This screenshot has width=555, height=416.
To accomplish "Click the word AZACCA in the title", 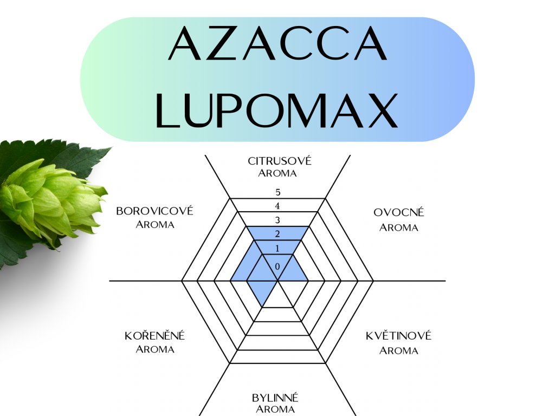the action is click(277, 44).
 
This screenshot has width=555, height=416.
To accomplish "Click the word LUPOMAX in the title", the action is click(277, 110).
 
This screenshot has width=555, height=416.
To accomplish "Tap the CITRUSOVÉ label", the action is click(280, 161).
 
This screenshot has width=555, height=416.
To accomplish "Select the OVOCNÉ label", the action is click(399, 212).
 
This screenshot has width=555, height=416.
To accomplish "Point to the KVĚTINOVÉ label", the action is click(399, 336).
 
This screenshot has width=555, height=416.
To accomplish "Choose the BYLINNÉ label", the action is click(275, 398).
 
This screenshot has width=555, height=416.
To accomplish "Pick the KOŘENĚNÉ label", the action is click(155, 336).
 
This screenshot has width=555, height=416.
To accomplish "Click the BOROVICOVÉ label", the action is click(155, 211).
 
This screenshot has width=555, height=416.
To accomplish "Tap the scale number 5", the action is click(277, 192).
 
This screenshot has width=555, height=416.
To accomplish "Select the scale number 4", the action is click(277, 206).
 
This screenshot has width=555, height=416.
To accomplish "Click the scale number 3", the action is click(277, 220).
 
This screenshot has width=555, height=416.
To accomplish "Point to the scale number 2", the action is click(277, 235).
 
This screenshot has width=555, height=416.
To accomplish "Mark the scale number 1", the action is click(277, 249).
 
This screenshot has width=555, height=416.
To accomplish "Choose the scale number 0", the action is click(277, 266).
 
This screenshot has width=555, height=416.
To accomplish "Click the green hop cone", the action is click(51, 200).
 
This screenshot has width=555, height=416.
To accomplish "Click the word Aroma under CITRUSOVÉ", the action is click(277, 173).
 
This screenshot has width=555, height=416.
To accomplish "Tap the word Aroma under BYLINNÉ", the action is click(275, 409).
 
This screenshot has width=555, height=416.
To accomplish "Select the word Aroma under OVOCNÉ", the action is click(399, 227).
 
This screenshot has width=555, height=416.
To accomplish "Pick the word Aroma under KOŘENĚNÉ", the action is click(155, 349).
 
